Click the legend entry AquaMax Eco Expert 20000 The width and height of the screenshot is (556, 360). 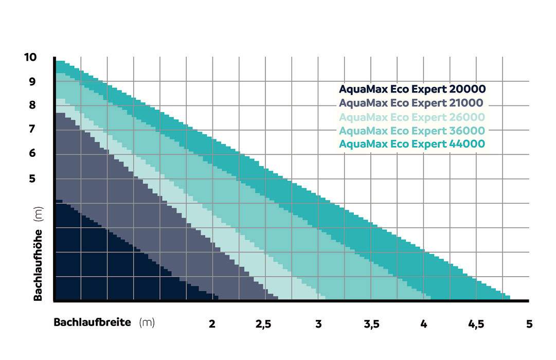tap(412, 89)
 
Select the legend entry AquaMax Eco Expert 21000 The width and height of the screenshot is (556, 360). tap(412, 102)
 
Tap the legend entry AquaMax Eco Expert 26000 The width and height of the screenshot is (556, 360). tap(412, 116)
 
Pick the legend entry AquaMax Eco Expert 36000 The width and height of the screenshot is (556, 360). tap(412, 130)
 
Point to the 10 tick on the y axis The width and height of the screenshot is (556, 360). tap(30, 57)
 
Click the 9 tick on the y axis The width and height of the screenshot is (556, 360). tap(32, 81)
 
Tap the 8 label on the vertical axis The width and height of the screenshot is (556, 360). tap(32, 105)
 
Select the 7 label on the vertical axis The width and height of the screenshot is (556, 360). tap(32, 129)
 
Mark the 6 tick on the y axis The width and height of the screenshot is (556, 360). tap(32, 153)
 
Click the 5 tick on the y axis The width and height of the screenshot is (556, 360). tap(32, 179)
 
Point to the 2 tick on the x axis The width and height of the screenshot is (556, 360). tap(212, 324)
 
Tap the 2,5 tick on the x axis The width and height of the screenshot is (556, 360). tap(264, 324)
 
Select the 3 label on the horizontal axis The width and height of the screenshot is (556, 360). tap(318, 324)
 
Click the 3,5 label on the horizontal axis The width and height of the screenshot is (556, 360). tap(371, 324)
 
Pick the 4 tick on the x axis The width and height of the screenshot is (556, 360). tap(423, 324)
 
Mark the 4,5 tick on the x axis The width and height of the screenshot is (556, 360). tap(476, 324)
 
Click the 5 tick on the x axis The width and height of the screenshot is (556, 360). tap(529, 324)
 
